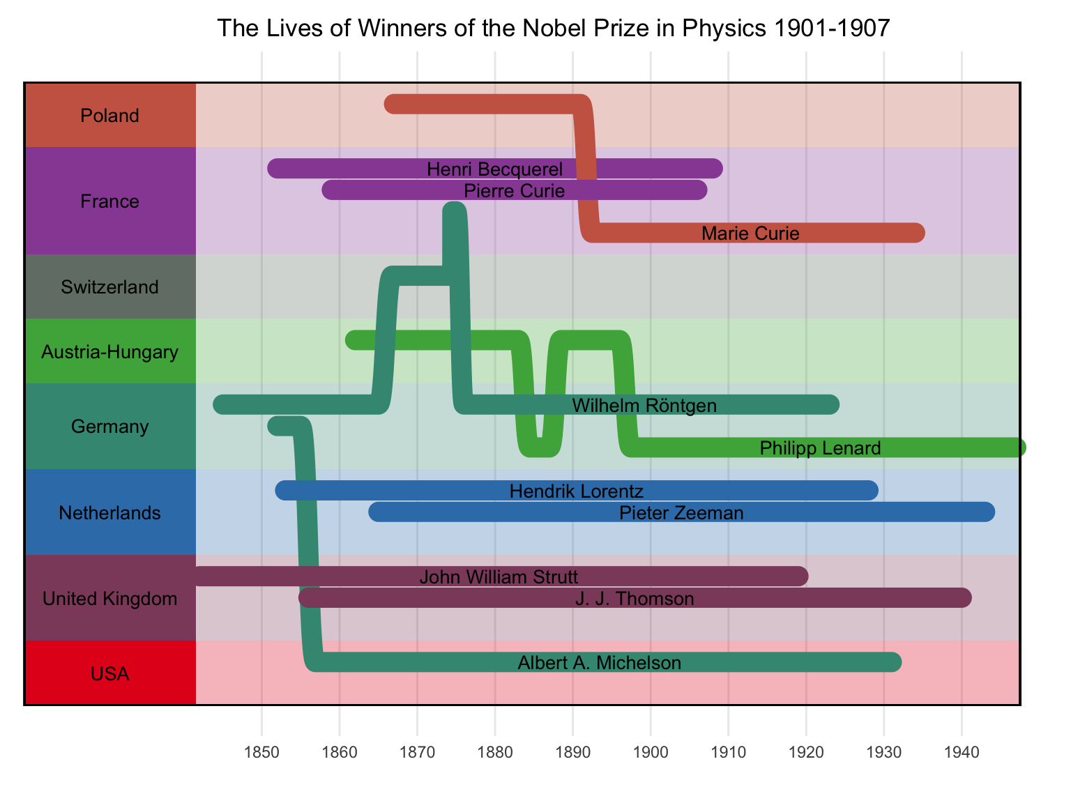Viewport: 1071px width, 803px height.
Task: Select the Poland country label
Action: tap(110, 116)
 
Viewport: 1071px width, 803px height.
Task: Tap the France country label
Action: tap(110, 201)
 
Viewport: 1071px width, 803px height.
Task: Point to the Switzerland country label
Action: tap(110, 287)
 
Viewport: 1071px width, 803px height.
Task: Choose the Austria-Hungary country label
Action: tap(110, 352)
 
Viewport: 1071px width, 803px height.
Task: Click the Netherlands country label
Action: tap(110, 513)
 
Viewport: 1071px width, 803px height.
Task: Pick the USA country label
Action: tap(110, 674)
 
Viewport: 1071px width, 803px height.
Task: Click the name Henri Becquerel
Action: tap(494, 169)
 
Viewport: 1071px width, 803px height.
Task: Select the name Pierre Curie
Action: tap(514, 190)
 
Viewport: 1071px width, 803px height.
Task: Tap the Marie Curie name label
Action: tap(750, 234)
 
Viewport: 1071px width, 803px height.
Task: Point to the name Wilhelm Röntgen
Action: tap(644, 405)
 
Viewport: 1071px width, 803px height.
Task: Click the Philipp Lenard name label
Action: tap(820, 448)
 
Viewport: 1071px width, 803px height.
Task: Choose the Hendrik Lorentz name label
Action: tap(576, 491)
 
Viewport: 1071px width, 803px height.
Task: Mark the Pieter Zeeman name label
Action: tap(681, 513)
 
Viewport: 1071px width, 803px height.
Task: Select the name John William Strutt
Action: tap(499, 577)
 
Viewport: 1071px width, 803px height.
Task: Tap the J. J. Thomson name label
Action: tap(635, 599)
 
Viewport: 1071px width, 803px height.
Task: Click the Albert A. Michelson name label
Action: tap(599, 663)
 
